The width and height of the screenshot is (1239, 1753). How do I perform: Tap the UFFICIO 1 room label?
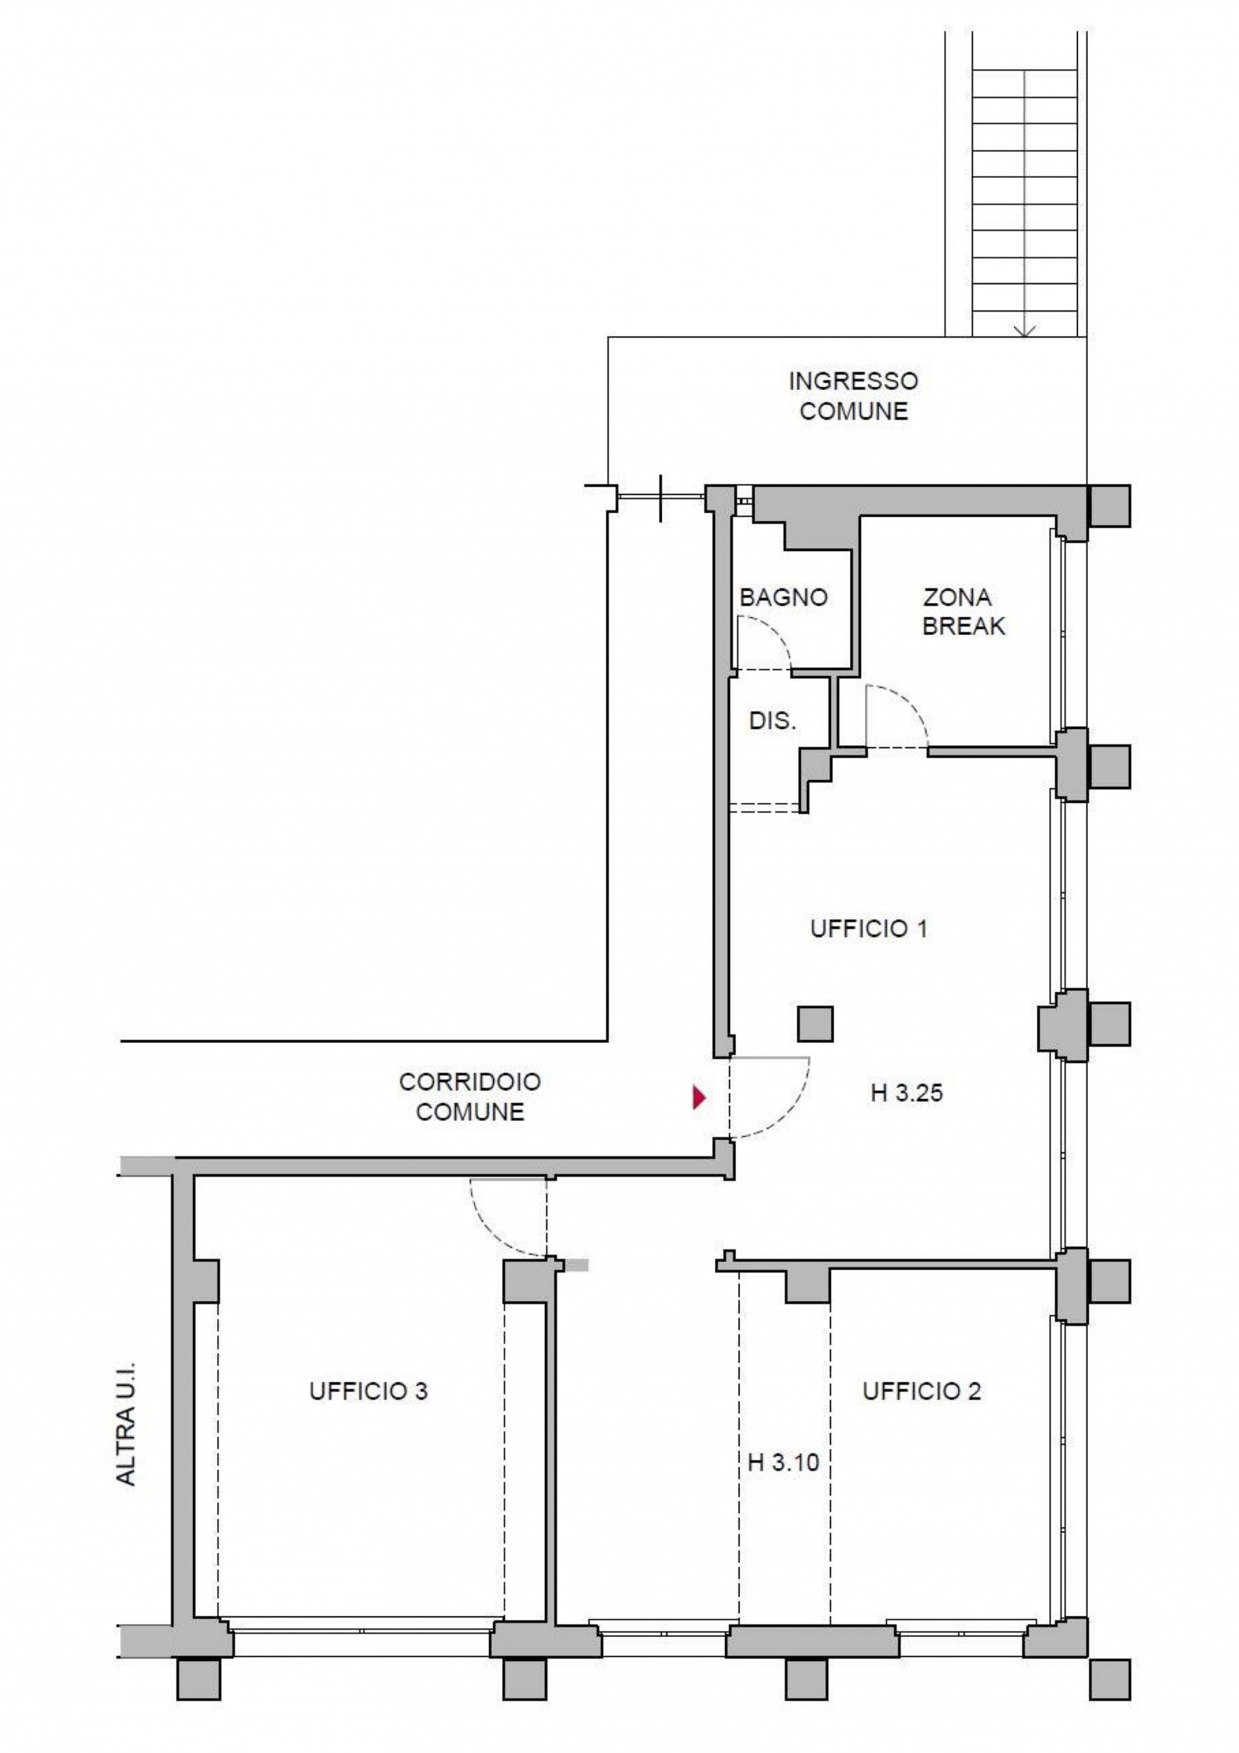pos(868,929)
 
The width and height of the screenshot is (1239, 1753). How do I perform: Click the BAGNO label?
pos(783,597)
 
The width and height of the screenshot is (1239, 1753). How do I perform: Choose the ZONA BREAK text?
pos(962,611)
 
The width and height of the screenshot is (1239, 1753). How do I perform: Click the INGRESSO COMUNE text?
pos(854,396)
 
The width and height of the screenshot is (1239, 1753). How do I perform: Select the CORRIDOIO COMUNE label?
pos(470,1096)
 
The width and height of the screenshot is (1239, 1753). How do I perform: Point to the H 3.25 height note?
pos(906,1094)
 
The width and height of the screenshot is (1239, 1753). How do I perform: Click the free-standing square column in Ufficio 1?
pos(815,1024)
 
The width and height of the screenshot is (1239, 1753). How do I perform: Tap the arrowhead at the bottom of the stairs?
pos(1026,331)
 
